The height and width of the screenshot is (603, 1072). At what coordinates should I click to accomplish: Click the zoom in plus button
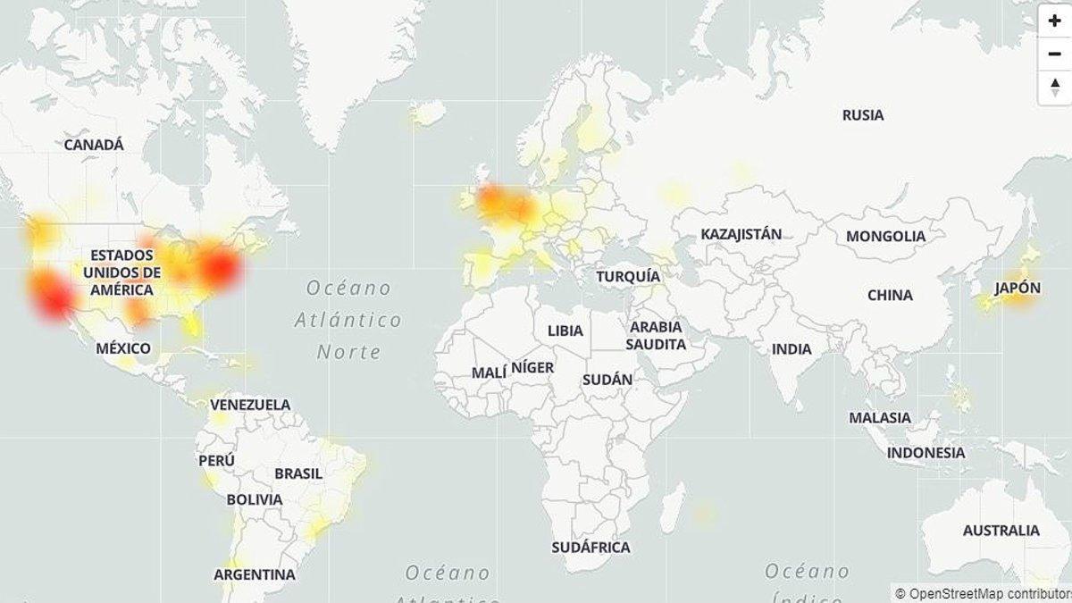[1055, 21]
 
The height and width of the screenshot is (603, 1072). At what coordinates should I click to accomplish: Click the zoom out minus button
[1055, 54]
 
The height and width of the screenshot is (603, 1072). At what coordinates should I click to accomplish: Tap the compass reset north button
[1055, 88]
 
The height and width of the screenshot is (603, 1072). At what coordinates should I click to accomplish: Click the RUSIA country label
[863, 115]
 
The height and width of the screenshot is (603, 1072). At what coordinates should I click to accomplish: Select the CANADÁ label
[94, 145]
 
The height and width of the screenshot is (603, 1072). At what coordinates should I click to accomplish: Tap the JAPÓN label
[1018, 288]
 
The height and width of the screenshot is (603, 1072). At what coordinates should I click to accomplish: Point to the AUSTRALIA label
[1001, 531]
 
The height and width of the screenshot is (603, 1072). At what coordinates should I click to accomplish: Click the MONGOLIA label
[885, 236]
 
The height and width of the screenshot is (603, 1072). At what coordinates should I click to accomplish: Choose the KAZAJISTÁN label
[741, 234]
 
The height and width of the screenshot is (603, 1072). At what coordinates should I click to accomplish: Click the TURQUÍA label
[628, 276]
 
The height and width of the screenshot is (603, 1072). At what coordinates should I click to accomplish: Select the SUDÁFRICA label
[590, 548]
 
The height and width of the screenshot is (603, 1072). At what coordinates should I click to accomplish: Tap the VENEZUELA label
[250, 405]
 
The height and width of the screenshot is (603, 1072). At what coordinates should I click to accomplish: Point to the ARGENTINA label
[254, 574]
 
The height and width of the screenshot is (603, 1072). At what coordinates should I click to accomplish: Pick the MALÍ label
[489, 373]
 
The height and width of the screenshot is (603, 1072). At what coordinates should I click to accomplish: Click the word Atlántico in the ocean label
[348, 320]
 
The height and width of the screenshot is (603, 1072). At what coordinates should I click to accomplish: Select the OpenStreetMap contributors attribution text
[983, 593]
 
